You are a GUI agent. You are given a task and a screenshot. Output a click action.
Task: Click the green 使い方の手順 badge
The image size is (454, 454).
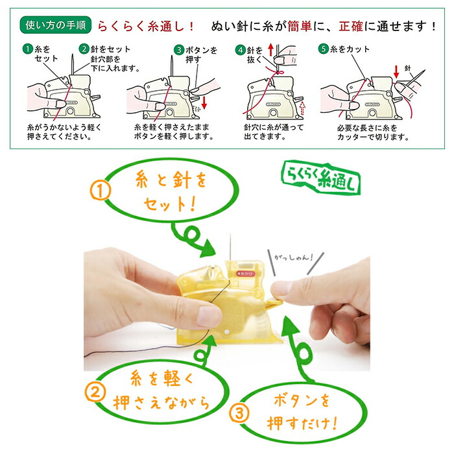(55, 25)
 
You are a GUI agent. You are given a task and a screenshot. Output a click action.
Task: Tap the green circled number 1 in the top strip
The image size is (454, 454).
(28, 49)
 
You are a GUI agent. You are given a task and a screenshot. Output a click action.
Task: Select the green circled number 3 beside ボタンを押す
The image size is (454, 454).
(179, 50)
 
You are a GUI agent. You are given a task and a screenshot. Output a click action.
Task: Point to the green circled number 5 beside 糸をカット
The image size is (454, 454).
(324, 49)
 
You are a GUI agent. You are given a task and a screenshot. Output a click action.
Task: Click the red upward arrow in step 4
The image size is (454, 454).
(270, 49)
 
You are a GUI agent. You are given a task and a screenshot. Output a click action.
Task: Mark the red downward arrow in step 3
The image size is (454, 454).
(204, 103)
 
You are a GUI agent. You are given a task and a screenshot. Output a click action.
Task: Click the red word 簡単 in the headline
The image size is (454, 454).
(300, 27)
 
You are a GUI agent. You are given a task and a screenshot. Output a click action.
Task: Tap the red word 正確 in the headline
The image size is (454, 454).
(351, 27)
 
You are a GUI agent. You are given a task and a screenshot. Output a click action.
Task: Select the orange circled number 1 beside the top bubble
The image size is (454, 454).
(100, 191)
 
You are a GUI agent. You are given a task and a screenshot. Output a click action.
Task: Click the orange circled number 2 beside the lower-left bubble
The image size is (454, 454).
(95, 392)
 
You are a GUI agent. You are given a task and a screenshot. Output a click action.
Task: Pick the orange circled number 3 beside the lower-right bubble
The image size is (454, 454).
(239, 413)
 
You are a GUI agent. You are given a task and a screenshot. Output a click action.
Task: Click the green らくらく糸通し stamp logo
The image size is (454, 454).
(321, 178)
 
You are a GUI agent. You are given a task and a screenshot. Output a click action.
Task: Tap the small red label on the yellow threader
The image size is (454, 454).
(245, 273)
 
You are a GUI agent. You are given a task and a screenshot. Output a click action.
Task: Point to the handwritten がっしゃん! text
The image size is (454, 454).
(294, 257)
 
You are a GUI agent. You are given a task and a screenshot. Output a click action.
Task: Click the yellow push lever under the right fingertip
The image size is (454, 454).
(274, 303)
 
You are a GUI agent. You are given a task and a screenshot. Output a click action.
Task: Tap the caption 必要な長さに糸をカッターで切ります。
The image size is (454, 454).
(373, 132)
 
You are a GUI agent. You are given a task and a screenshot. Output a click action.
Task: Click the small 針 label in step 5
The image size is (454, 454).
(408, 68)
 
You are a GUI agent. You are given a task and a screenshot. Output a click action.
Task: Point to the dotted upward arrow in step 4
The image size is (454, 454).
(302, 108)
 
